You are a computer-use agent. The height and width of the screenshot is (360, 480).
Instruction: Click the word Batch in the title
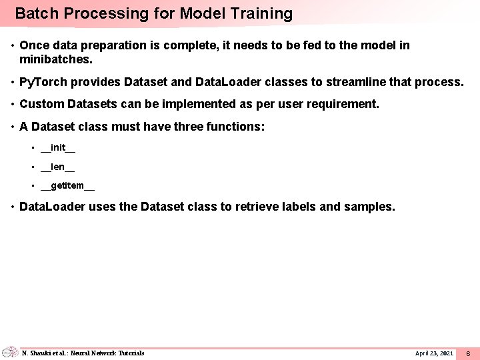click(33, 14)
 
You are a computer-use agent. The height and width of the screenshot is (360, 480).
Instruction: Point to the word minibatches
click(55, 59)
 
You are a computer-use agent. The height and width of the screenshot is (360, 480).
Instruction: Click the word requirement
click(341, 104)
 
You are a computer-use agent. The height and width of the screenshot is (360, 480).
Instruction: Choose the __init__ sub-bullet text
click(58, 147)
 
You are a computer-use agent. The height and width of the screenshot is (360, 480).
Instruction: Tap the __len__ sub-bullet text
click(58, 167)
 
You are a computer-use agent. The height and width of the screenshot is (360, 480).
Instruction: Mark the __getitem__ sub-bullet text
click(67, 186)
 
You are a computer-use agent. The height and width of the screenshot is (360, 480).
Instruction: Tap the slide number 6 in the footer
click(468, 353)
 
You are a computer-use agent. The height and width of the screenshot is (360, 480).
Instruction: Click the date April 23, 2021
click(434, 353)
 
